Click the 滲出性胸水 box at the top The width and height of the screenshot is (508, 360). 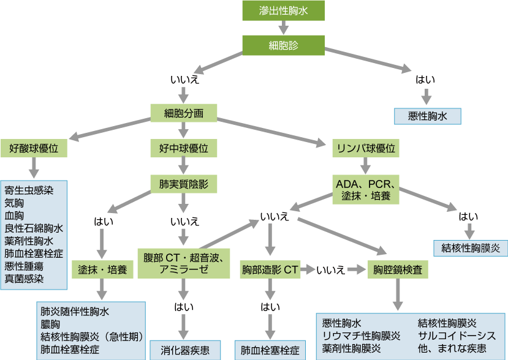[283, 10]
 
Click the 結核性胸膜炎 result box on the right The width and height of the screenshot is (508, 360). [471, 248]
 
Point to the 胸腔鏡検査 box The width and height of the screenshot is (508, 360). [397, 269]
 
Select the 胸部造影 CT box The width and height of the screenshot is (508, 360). [270, 269]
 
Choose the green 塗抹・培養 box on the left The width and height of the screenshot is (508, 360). [102, 269]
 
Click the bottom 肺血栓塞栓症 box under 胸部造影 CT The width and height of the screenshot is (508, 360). [270, 351]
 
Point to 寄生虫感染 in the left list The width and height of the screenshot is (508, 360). [29, 190]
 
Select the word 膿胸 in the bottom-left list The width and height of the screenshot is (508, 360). [50, 324]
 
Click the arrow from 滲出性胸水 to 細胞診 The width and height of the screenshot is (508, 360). [283, 27]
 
